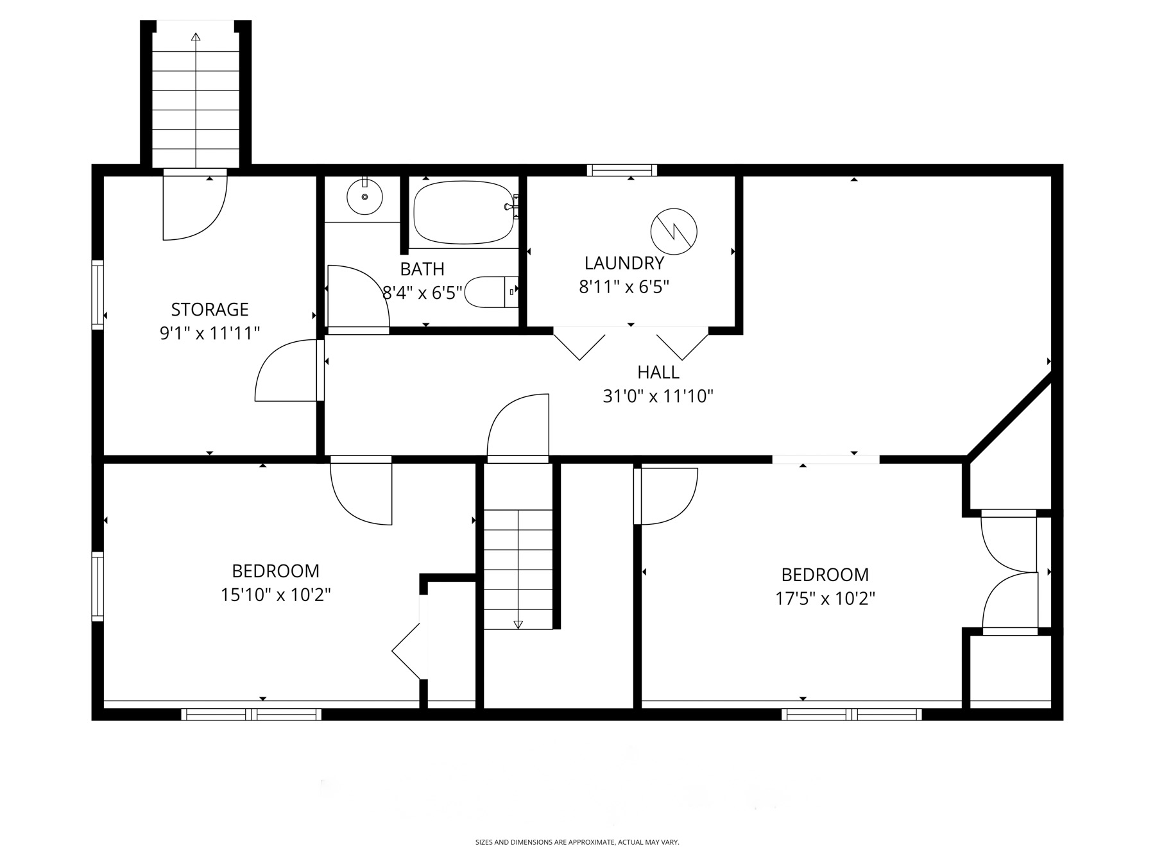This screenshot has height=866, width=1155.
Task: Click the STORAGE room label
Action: [x=209, y=309]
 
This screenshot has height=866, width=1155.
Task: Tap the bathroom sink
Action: [x=364, y=196]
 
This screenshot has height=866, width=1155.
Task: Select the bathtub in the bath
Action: [x=463, y=212]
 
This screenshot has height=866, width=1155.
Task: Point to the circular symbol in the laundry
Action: [x=674, y=232]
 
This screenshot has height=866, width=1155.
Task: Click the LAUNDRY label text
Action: [x=624, y=263]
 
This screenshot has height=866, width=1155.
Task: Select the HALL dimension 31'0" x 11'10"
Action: [x=658, y=396]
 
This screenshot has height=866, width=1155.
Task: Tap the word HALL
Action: [x=658, y=372]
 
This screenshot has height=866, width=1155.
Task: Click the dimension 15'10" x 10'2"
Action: [x=275, y=595]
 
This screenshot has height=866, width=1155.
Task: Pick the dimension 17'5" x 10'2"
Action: [x=825, y=599]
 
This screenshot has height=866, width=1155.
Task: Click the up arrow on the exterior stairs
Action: [x=196, y=37]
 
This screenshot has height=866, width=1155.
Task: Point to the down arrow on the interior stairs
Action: [x=518, y=624]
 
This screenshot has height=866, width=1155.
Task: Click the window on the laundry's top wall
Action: [x=622, y=170]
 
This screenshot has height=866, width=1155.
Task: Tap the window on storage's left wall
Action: [x=98, y=294]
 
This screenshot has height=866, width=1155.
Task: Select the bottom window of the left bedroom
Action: [x=251, y=714]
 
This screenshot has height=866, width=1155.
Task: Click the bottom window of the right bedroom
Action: [x=851, y=714]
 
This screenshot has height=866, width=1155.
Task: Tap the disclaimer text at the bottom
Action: [x=577, y=842]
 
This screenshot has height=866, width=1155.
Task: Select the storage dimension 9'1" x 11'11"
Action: [x=209, y=334]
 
